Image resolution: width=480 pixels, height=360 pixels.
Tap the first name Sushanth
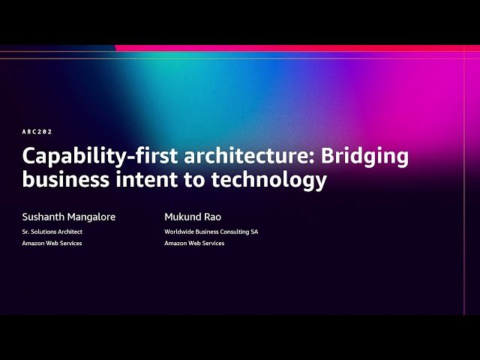point(43,217)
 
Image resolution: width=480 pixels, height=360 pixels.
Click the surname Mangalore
point(91,217)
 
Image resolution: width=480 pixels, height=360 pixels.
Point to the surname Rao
point(213,217)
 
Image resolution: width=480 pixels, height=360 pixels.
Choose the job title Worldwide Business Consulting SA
point(211,232)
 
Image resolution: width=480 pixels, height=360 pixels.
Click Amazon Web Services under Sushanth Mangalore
point(52,243)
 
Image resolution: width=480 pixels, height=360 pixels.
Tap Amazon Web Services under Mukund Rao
point(194,243)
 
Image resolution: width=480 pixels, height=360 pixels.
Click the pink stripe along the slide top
point(300,48)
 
